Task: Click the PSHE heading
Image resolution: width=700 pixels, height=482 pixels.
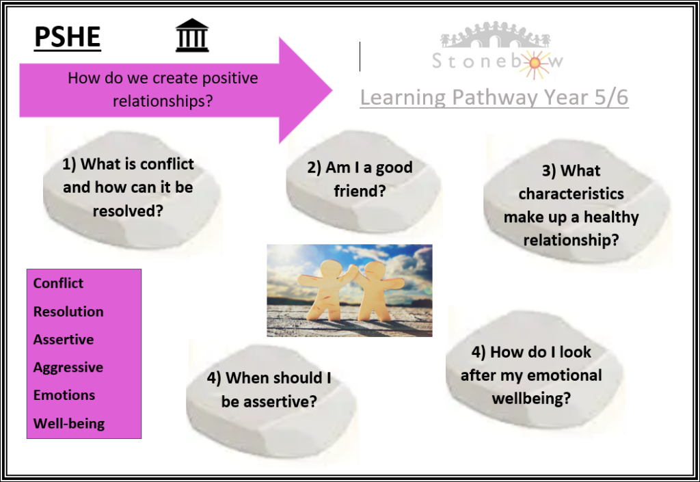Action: click(68, 37)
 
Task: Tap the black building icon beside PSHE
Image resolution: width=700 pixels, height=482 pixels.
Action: click(192, 36)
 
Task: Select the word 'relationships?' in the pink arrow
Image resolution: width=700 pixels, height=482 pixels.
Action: click(163, 101)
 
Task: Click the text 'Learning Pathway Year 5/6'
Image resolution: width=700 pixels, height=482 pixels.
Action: click(494, 97)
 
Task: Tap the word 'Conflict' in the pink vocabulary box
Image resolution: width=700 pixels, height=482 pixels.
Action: click(58, 283)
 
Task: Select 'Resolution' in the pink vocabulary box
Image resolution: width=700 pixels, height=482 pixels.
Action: click(68, 312)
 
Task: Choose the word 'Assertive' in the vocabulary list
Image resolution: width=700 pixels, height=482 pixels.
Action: click(64, 339)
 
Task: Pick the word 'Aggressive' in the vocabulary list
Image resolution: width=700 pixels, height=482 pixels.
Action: click(68, 367)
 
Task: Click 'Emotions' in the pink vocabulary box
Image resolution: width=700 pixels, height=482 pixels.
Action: click(64, 395)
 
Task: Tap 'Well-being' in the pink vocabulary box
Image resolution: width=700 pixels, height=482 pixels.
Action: click(69, 423)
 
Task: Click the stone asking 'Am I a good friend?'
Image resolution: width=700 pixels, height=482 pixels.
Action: click(362, 181)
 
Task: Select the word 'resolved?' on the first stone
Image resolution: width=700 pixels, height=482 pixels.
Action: click(128, 211)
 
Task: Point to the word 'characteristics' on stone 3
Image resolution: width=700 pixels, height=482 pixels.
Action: click(571, 193)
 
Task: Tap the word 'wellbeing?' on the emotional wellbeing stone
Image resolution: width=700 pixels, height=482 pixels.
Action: click(531, 398)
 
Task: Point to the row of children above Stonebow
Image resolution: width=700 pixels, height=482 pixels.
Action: click(495, 35)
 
